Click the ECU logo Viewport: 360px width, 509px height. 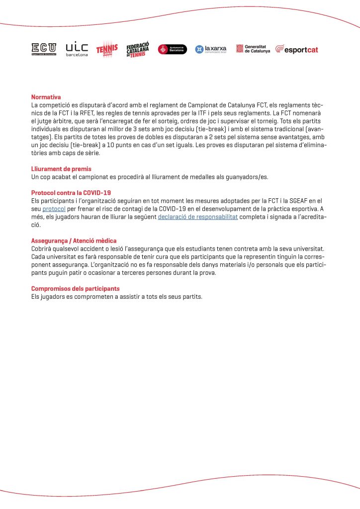[44, 48]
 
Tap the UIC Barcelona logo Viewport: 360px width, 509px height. [77, 48]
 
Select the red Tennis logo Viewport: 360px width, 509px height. [107, 49]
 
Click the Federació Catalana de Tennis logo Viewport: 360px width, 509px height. [138, 49]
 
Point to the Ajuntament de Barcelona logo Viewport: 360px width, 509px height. [172, 49]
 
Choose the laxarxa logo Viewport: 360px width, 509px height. [211, 49]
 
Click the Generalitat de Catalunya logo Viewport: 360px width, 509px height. [253, 49]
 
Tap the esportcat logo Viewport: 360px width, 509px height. [297, 49]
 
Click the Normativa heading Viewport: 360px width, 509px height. [46, 97]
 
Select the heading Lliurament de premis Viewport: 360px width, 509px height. [61, 169]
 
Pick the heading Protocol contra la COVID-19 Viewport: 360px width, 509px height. [71, 193]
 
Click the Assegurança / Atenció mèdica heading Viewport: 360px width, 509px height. [74, 241]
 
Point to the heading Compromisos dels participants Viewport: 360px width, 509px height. [76, 288]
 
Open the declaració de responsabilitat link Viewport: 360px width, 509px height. [198, 217]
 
